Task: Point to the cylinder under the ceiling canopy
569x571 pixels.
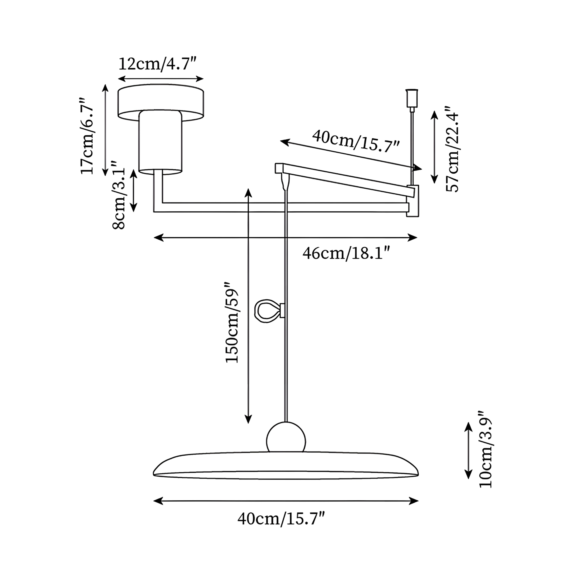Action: [x=161, y=142]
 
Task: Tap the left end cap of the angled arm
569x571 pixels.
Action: [x=279, y=168]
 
